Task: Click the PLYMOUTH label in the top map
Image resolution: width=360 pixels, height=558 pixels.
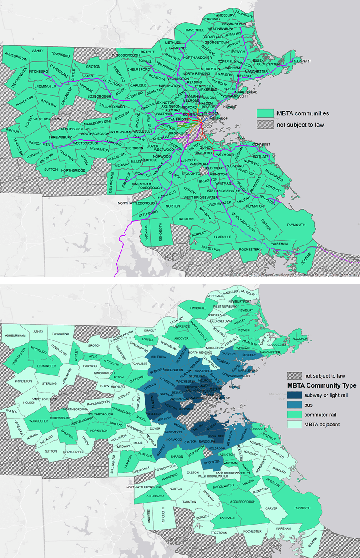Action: coord(296,225)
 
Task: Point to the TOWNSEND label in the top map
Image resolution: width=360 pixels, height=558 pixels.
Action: coord(60,55)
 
